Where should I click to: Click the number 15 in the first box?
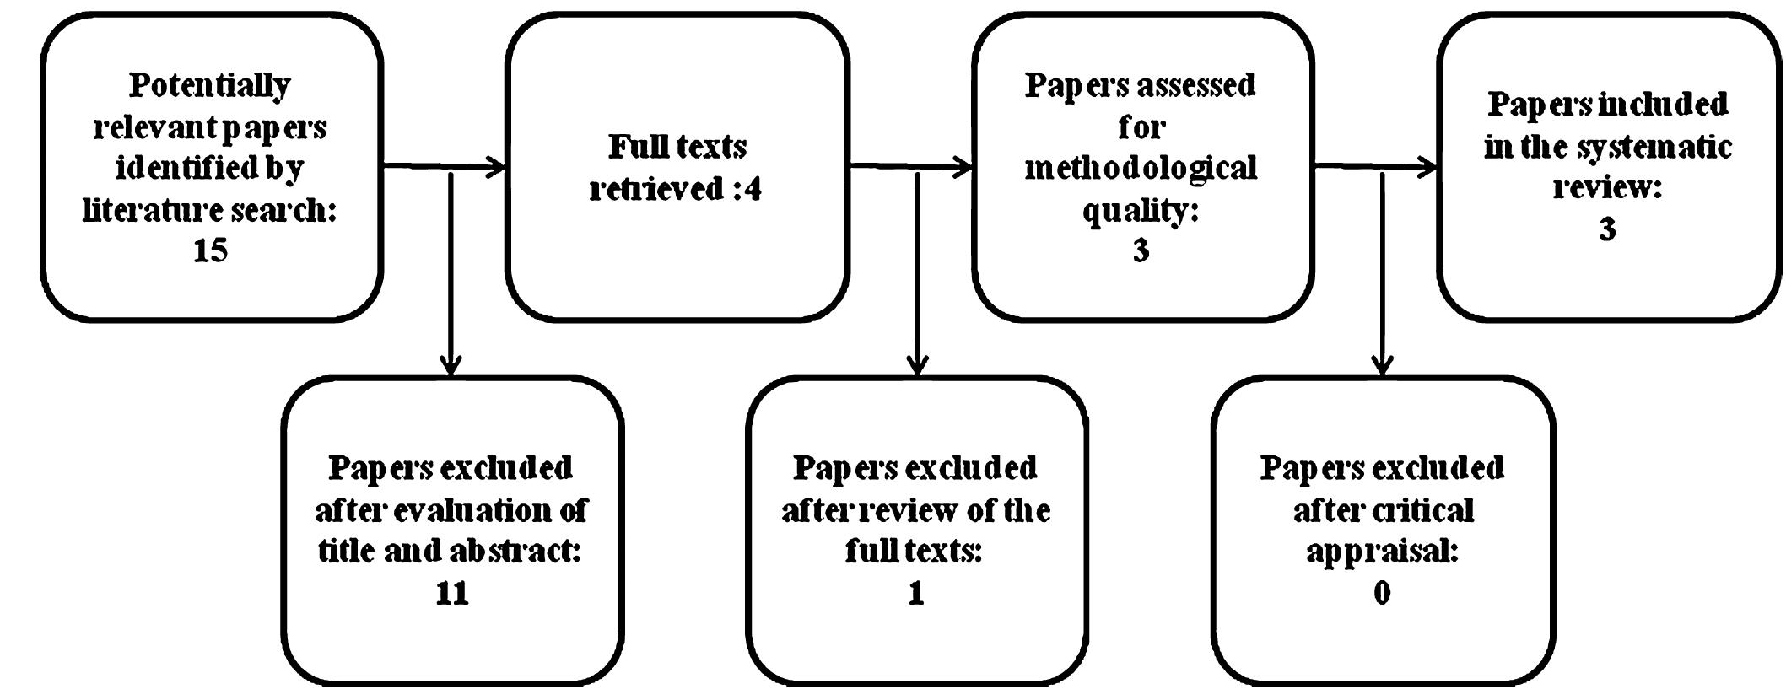[x=210, y=250]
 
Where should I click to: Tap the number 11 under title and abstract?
[x=451, y=593]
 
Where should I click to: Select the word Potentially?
[x=210, y=85]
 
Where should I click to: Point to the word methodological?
[x=1141, y=168]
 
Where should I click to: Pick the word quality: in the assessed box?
[x=1141, y=210]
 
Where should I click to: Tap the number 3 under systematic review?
[x=1607, y=229]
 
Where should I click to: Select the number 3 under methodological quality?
[x=1141, y=250]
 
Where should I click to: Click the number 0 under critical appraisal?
[x=1382, y=593]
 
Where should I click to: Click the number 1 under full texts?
[x=916, y=593]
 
